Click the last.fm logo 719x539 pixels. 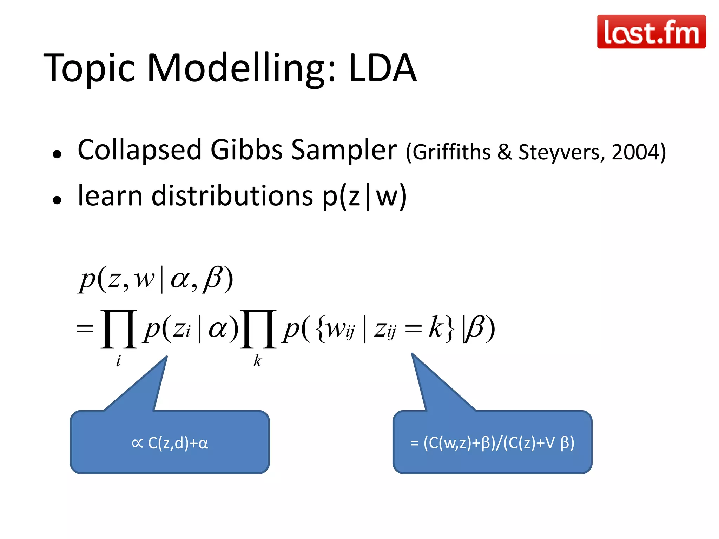(x=651, y=32)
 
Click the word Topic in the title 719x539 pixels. (x=90, y=68)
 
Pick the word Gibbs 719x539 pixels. (x=246, y=150)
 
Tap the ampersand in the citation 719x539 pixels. (x=504, y=152)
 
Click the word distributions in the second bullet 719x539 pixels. (x=232, y=195)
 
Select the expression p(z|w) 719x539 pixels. (x=365, y=196)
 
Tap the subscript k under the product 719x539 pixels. (x=258, y=361)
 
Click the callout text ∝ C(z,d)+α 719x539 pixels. (x=170, y=443)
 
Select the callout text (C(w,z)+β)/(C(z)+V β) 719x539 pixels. (x=499, y=443)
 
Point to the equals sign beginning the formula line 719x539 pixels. (x=85, y=330)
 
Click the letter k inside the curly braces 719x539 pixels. (x=436, y=327)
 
